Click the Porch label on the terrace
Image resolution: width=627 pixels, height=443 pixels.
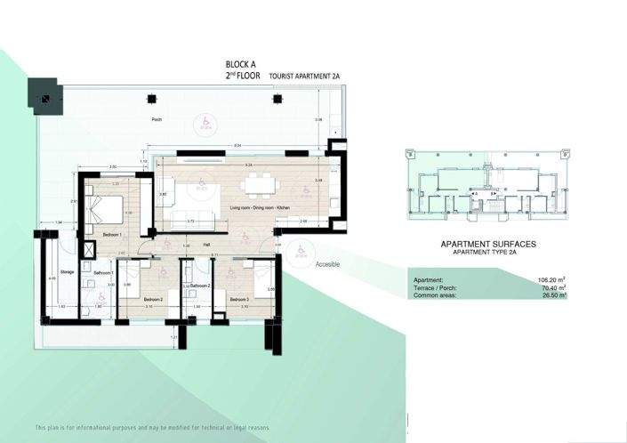[157, 118]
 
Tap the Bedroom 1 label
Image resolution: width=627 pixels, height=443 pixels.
[112, 233]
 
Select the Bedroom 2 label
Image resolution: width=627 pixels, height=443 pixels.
[153, 300]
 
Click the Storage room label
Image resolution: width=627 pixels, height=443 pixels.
[67, 271]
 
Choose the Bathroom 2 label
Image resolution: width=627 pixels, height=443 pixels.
[199, 286]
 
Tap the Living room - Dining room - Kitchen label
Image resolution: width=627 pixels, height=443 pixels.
[260, 207]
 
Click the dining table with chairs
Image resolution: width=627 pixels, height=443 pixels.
[261, 184]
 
